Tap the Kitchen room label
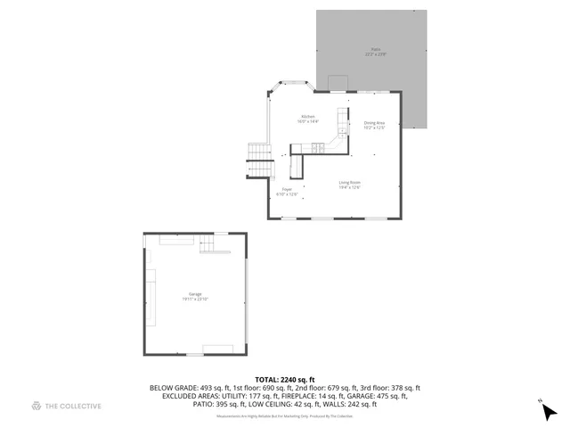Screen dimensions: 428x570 308,117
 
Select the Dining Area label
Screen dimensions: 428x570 374,122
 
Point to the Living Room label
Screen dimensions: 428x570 349,183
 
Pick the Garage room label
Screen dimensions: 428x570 195,294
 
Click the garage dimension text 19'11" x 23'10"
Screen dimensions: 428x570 195,300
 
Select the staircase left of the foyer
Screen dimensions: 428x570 257,160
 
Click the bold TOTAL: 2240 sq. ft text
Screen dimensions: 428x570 284,380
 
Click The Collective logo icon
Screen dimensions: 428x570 37,406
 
